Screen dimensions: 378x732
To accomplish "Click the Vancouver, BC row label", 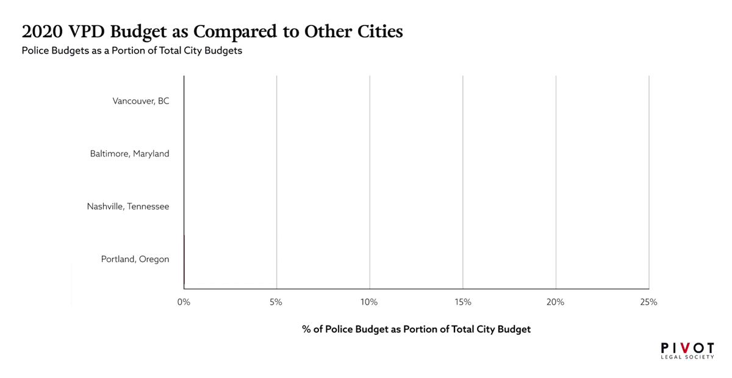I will tap(141, 101).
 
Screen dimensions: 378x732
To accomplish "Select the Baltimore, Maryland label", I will tap(129, 154).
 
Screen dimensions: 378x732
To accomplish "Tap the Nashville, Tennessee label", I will tap(128, 207).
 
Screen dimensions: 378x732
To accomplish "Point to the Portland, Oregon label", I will tap(135, 260).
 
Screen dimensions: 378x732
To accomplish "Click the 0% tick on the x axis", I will tap(184, 302).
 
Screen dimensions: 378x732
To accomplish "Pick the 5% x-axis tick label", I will tap(276, 302).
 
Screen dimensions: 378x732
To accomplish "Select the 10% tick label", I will tap(369, 302).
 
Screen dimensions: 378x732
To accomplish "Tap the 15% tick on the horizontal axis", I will tap(462, 302).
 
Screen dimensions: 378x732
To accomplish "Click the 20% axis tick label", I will tap(555, 302).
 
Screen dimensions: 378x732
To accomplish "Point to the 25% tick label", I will tap(648, 302).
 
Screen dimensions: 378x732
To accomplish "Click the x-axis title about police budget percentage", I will tap(416, 329).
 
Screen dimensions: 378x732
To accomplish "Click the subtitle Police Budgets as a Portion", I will tap(132, 51).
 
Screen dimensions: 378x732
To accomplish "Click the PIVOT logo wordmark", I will tap(687, 348).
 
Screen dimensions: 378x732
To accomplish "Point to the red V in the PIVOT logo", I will tap(687, 348).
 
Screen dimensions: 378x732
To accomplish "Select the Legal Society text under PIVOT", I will tap(687, 357).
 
